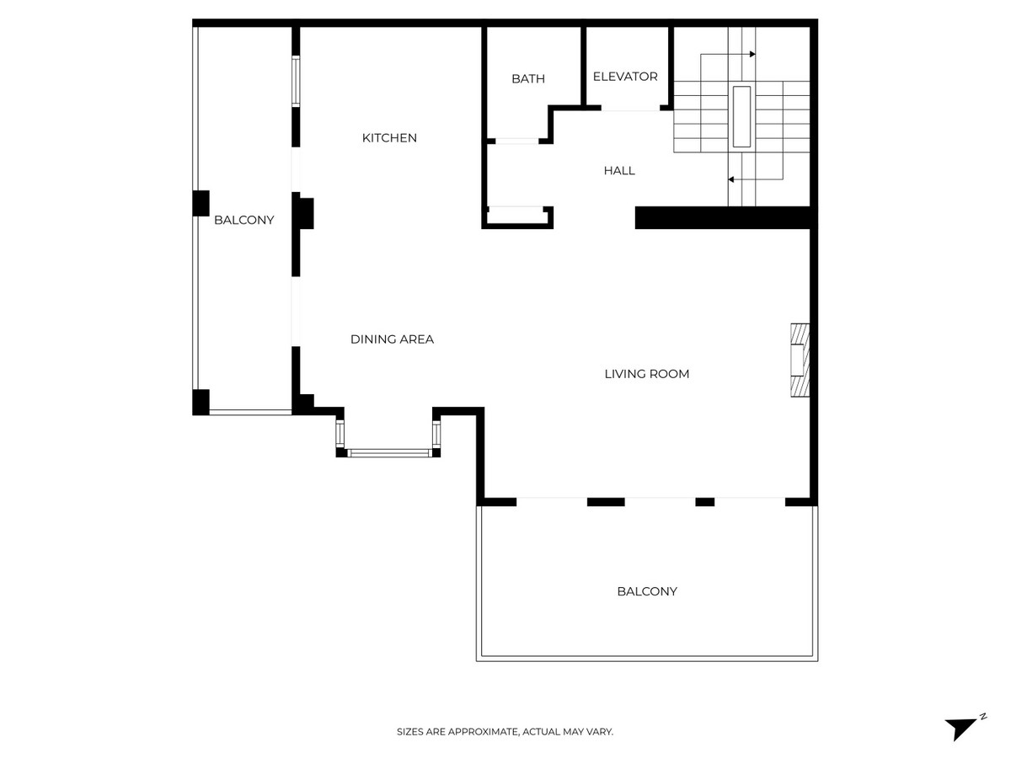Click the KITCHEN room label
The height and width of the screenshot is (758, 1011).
click(389, 138)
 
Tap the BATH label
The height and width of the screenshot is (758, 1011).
click(528, 79)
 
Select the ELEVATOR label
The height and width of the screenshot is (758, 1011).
click(625, 77)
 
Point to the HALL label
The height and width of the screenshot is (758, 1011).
click(619, 171)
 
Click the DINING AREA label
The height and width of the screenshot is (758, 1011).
click(392, 339)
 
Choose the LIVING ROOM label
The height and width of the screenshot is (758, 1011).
click(647, 374)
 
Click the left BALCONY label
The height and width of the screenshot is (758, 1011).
click(243, 221)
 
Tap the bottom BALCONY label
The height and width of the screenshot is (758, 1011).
click(647, 592)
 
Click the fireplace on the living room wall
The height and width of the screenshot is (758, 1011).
click(799, 360)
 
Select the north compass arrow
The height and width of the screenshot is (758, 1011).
click(961, 727)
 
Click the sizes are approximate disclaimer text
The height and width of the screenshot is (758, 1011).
click(505, 733)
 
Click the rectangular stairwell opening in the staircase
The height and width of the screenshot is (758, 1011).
click(741, 115)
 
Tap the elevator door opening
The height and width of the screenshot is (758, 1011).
click(630, 109)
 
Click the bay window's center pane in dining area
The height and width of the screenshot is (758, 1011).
click(389, 453)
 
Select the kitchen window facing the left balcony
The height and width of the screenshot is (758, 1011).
click(296, 81)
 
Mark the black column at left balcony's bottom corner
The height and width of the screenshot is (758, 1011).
click(201, 402)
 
